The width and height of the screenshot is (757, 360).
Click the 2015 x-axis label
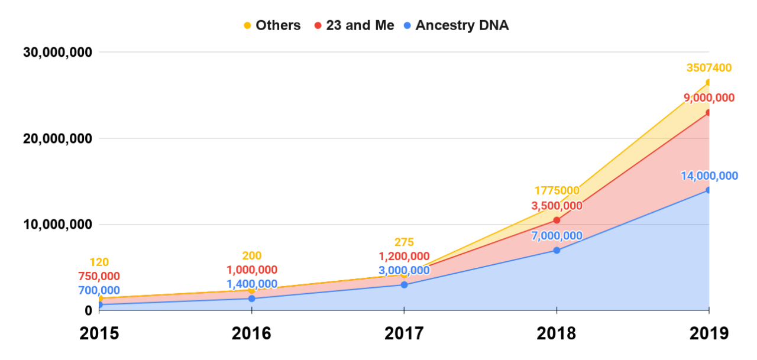[x=99, y=333]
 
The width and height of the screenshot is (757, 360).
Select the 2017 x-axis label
[x=404, y=333]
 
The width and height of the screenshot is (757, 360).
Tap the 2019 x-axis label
[x=709, y=333]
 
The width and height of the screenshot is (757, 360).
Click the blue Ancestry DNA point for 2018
[x=557, y=250]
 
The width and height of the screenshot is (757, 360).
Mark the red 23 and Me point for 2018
[x=557, y=220]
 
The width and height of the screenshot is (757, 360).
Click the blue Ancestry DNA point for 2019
[x=709, y=190]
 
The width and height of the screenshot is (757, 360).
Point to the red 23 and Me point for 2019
[x=709, y=112]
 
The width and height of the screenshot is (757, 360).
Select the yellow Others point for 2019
[x=709, y=82]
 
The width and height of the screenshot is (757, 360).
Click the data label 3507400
[x=709, y=68]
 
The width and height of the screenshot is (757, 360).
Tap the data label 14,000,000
[x=709, y=176]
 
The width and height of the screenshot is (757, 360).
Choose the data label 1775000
[x=557, y=191]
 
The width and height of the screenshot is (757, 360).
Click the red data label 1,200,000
[x=405, y=257]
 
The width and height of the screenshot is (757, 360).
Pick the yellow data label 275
[x=405, y=242]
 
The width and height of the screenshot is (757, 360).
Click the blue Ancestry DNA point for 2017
[x=404, y=285]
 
